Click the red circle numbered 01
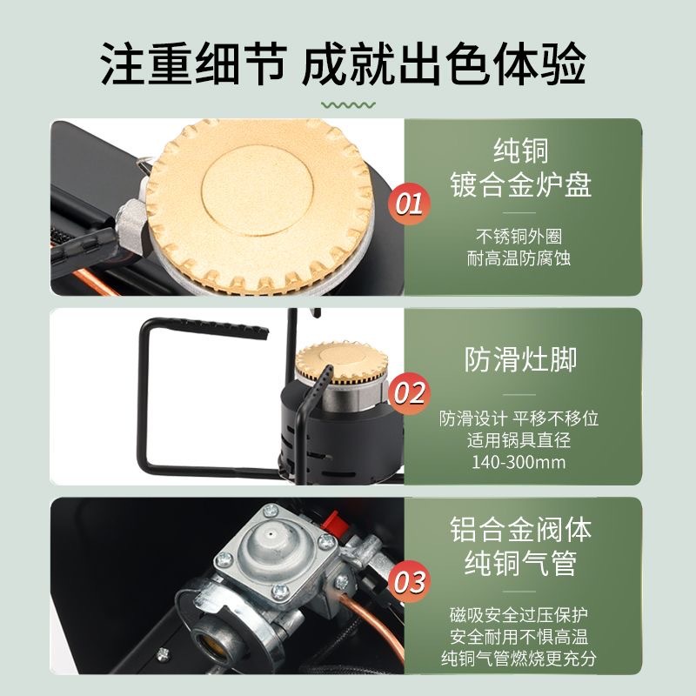click(x=409, y=204)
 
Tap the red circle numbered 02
click(x=409, y=393)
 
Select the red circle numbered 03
click(x=409, y=582)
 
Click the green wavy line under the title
click(x=349, y=105)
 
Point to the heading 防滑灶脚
click(x=520, y=359)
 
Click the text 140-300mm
click(x=519, y=463)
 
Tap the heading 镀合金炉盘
click(x=520, y=184)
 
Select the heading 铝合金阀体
click(x=520, y=529)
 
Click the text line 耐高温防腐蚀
click(x=519, y=258)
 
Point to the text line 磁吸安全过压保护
click(x=519, y=615)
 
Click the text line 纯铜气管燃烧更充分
click(x=519, y=659)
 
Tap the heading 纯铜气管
click(x=520, y=563)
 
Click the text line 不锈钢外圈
click(x=519, y=236)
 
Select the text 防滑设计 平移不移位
click(x=519, y=418)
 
